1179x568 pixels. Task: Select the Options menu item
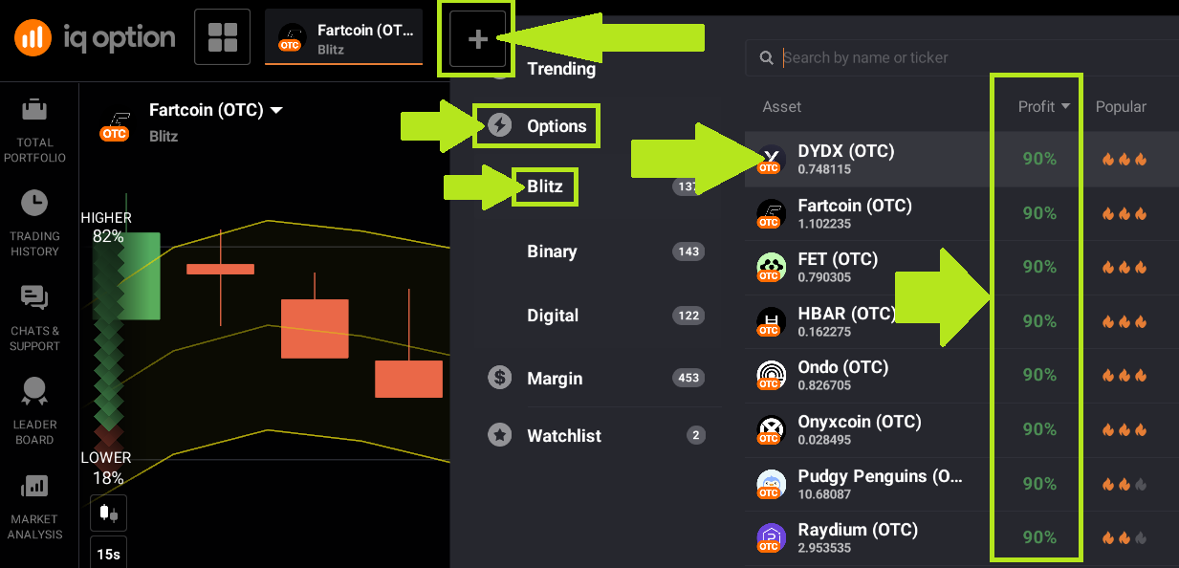click(x=557, y=126)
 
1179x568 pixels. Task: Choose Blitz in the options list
click(x=545, y=186)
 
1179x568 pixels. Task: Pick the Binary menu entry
click(x=552, y=251)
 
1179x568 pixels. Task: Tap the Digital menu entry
click(x=553, y=316)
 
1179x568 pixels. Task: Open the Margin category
click(x=555, y=379)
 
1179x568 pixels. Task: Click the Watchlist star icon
click(x=499, y=436)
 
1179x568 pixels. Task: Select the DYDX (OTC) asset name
click(x=845, y=151)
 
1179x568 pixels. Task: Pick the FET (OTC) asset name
click(x=838, y=259)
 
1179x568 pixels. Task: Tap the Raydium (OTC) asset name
click(x=857, y=530)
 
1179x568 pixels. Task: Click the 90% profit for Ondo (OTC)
click(x=1039, y=376)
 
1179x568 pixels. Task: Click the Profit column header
click(x=1043, y=107)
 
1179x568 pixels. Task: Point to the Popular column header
click(x=1121, y=107)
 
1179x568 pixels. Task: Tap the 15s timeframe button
click(x=108, y=554)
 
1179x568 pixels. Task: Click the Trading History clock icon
click(x=34, y=204)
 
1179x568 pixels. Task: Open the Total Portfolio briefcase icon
click(x=34, y=111)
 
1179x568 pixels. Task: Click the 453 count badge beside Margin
click(x=688, y=379)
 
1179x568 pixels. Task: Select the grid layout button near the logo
click(x=222, y=37)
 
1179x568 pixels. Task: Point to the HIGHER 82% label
click(x=106, y=227)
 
